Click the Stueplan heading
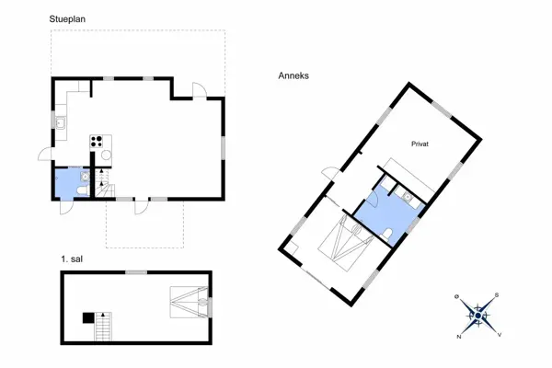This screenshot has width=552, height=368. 67,19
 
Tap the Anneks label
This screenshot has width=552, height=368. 293,75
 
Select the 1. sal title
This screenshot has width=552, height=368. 72,259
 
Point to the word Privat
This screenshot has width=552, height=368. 420,144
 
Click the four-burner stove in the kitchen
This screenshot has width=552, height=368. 97,141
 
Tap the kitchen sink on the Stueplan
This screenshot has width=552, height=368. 60,123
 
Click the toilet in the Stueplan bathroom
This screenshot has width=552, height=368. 82,191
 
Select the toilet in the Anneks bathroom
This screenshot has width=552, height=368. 387,235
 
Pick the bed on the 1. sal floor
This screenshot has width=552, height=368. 189,302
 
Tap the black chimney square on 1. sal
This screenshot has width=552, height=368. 88,317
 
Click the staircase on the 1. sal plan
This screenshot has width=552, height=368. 103,327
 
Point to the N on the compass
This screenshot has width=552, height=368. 459,337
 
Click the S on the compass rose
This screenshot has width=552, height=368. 497,295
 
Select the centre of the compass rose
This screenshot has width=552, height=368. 477,316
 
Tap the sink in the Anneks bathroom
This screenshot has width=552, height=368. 408,197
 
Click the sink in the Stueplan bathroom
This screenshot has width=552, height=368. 85,176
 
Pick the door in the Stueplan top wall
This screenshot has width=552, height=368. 200,90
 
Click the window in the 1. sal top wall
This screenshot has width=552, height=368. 136,272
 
